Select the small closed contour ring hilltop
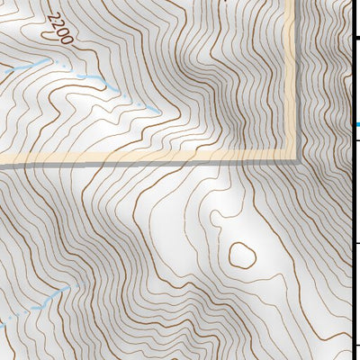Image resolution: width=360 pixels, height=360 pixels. click(242, 256)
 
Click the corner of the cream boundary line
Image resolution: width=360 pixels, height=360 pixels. click(292, 157)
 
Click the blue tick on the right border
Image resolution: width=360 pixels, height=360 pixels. click(357, 123)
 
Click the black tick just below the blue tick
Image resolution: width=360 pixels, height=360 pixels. click(357, 139)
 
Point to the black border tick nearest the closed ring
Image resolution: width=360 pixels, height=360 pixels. click(357, 243)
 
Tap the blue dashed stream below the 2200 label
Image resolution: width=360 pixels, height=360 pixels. click(90, 79)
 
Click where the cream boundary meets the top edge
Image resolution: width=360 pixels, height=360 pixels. click(292, 2)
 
